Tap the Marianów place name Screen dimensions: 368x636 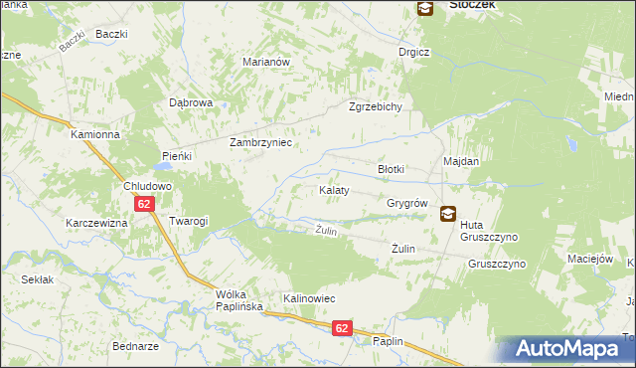pos(265,62)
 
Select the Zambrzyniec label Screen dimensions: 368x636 pos(260,142)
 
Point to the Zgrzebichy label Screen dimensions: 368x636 pos(375,107)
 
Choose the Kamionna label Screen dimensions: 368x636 pos(95,133)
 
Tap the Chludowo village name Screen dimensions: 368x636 pos(148,186)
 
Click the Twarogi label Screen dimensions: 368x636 pos(188,221)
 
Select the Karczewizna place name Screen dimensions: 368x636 pos(96,223)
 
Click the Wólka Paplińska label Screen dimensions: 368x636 pos(239,300)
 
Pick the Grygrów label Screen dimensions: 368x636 pos(406,203)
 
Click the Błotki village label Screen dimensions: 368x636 pos(391,169)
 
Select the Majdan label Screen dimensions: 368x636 pos(461,161)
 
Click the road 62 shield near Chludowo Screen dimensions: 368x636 pos(145,204)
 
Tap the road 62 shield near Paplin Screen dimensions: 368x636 pos(341,327)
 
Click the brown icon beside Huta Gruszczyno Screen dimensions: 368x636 pos(448,212)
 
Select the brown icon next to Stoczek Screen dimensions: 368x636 pos(424,8)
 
